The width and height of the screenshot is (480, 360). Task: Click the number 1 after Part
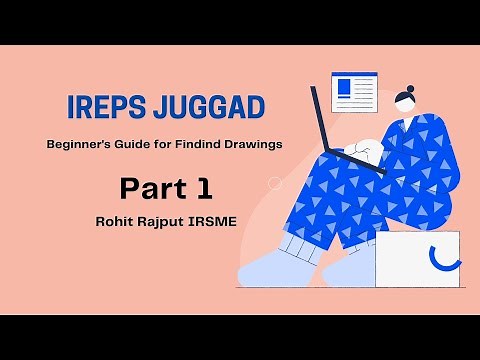pos(203,186)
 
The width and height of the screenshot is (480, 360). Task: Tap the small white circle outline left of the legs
pos(275,183)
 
